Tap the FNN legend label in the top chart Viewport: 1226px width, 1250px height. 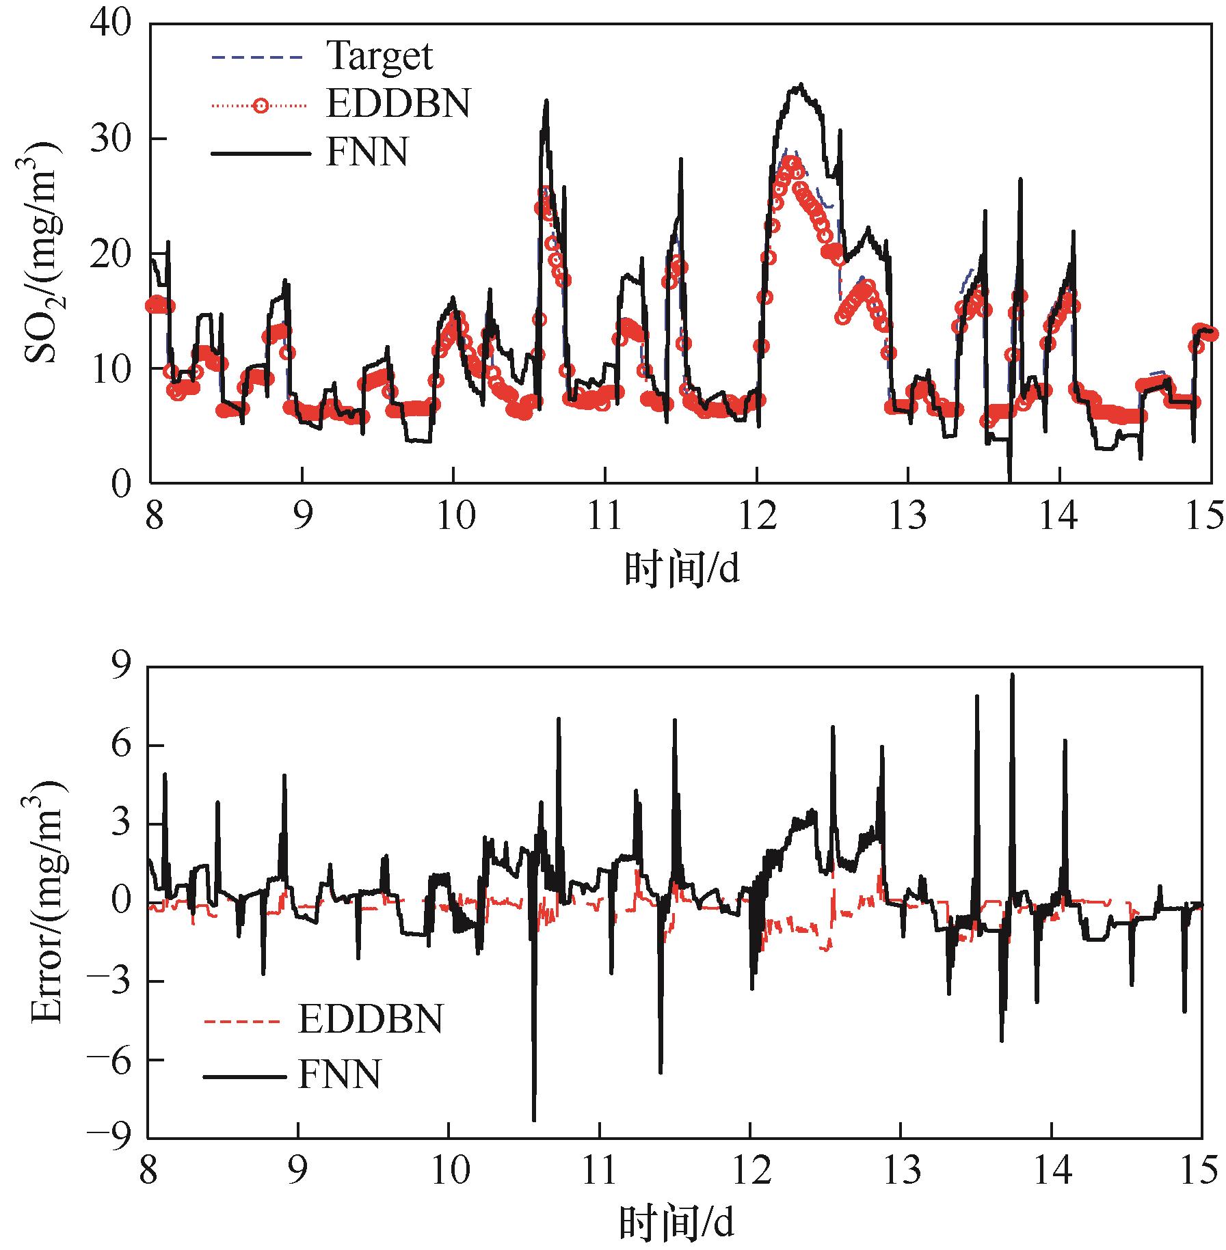367,152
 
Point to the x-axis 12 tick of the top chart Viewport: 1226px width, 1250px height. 756,517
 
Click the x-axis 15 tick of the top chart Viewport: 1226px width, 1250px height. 1203,517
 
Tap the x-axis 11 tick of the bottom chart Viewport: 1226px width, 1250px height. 600,1172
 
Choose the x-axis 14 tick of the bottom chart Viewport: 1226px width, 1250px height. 1052,1172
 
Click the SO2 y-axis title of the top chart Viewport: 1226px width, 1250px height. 44,254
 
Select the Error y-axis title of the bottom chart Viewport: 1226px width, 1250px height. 44,903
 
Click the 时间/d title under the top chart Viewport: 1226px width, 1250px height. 682,569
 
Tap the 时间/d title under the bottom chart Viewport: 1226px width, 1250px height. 677,1223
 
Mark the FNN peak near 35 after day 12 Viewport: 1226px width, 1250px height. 799,85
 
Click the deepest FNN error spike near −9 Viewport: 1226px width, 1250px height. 534,1120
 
